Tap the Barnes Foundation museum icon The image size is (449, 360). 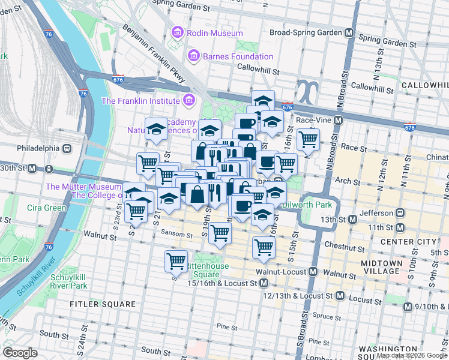(x=193, y=56)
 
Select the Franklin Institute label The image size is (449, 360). (x=140, y=101)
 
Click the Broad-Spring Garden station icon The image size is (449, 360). (x=348, y=32)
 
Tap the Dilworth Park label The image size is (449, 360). (x=320, y=205)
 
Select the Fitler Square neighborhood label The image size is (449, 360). (x=102, y=304)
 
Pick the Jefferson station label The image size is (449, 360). (x=376, y=213)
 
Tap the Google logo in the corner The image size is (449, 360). (x=20, y=353)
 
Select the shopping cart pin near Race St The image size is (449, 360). (x=308, y=139)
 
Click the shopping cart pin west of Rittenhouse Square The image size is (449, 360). (x=176, y=260)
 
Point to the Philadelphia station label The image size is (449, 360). (x=38, y=148)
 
